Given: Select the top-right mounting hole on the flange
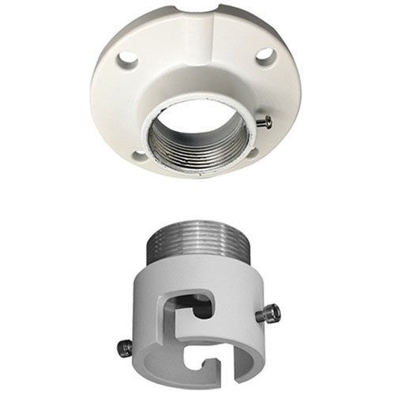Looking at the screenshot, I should coord(265,55).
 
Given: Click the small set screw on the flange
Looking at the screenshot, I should coord(267,122).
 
